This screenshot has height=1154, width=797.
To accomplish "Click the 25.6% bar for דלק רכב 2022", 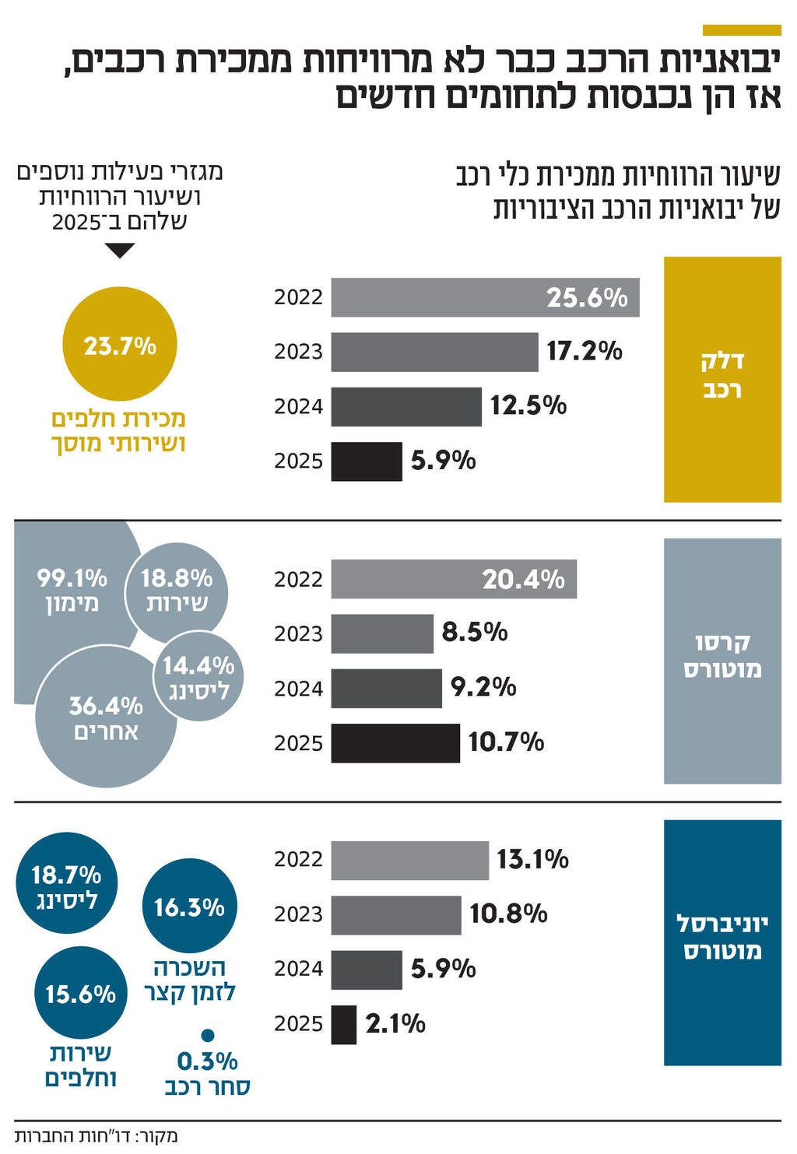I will click(484, 297).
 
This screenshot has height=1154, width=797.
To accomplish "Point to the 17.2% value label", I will click(584, 351).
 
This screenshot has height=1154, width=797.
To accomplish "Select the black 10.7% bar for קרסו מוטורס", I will click(395, 743).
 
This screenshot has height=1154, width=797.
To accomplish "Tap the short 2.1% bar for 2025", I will click(343, 1024).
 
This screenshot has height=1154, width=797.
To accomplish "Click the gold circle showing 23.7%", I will click(120, 344).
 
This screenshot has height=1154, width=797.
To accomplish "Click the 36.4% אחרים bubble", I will click(105, 717).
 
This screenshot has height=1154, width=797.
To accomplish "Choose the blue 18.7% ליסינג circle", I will click(67, 884).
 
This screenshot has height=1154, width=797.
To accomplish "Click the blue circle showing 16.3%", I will click(189, 907).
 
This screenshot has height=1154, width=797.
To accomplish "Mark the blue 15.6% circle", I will click(80, 993).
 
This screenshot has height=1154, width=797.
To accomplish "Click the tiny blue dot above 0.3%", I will click(207, 1035).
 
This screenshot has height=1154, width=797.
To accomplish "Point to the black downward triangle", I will click(120, 251).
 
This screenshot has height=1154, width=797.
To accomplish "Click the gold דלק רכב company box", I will click(722, 379).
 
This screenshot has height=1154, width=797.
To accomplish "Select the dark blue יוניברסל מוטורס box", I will click(722, 942).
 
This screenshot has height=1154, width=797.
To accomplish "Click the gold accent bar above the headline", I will click(741, 30).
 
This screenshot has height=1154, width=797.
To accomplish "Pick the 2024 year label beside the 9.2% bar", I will click(298, 689).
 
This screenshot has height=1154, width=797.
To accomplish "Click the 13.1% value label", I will click(532, 859).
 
